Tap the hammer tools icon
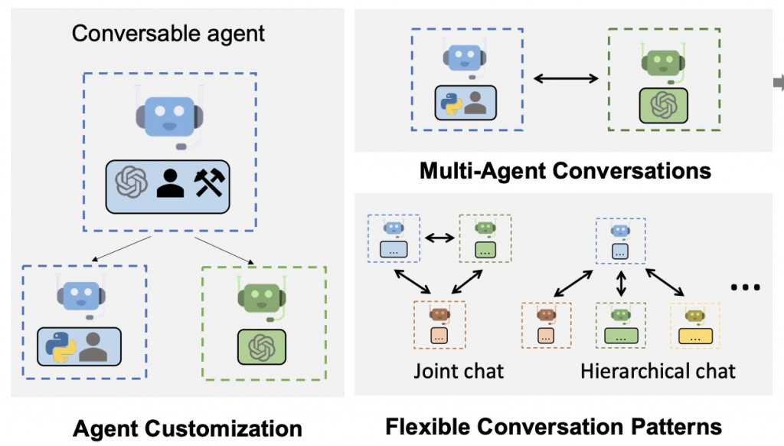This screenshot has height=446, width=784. point(207,183)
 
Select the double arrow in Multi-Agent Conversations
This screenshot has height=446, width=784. point(566,77)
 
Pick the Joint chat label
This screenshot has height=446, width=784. point(459,372)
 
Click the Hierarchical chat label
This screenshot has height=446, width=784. point(657,372)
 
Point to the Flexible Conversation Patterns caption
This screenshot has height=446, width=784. point(554,426)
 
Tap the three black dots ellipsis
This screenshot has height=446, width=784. point(745,287)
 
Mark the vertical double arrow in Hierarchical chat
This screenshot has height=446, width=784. point(621,281)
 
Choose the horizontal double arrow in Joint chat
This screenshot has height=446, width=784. point(439,238)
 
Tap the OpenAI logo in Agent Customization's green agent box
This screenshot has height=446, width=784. point(262,346)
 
